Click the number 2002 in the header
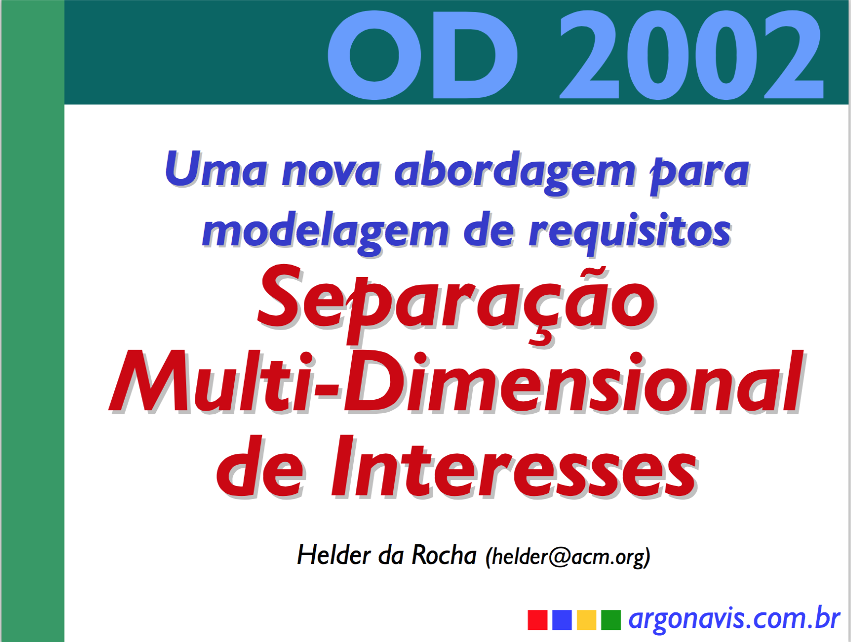(x=692, y=54)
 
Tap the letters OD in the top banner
(x=422, y=54)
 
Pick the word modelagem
(x=325, y=232)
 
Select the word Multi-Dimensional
(x=456, y=382)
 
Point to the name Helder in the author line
(x=334, y=555)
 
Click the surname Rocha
(x=444, y=555)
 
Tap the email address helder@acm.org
(x=568, y=557)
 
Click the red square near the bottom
(x=537, y=620)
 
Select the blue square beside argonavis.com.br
(x=562, y=620)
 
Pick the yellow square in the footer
(x=586, y=620)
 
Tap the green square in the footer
(x=610, y=620)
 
